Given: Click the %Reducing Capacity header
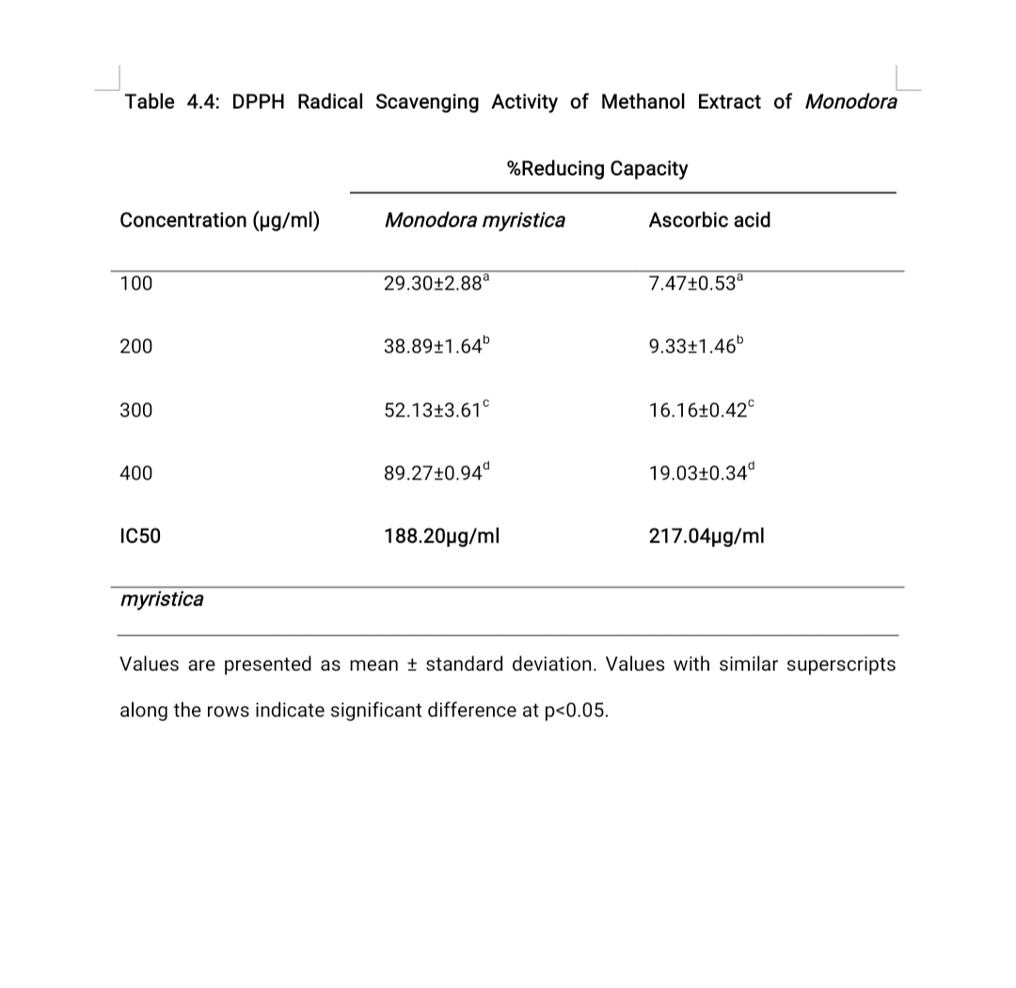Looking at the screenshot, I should pos(597,169).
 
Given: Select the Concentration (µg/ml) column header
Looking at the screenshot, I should pos(219,221).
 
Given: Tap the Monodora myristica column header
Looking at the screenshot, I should pos(475,221).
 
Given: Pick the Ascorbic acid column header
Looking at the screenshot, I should pos(709,221).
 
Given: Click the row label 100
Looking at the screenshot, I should pos(135,284).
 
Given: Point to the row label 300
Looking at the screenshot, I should pos(135,411).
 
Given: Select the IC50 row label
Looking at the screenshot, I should pos(140,537).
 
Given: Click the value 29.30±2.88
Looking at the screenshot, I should pos(437,284).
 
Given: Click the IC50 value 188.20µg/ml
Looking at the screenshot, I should pos(441,537).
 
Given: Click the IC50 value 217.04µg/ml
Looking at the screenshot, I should pos(706,537).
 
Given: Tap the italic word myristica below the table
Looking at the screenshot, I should pos(161,600).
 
